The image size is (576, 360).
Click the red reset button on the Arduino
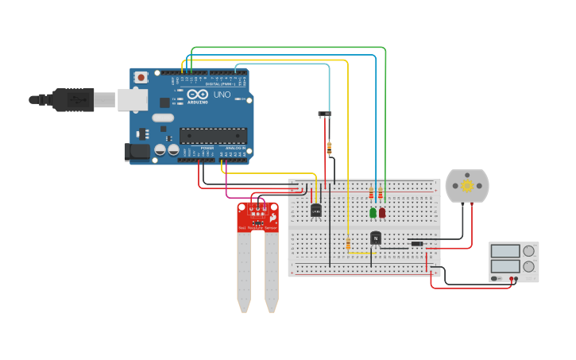[x=141, y=77]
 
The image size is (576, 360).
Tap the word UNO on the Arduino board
[x=222, y=95]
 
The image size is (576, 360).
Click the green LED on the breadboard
[x=373, y=212]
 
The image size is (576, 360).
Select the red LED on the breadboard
[x=382, y=212]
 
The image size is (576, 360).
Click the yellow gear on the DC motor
[x=467, y=186]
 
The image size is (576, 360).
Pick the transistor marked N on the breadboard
[x=376, y=237]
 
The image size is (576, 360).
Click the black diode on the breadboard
[x=416, y=243]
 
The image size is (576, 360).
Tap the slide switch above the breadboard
[x=324, y=114]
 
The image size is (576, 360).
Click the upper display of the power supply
[x=505, y=251]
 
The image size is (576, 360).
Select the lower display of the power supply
[x=505, y=266]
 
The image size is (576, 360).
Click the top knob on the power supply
[x=528, y=251]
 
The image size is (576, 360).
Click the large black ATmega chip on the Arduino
[x=213, y=136]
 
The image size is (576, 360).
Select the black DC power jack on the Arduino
[x=137, y=151]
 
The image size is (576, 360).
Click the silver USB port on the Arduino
[x=133, y=99]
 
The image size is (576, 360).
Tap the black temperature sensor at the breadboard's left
[x=316, y=210]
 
